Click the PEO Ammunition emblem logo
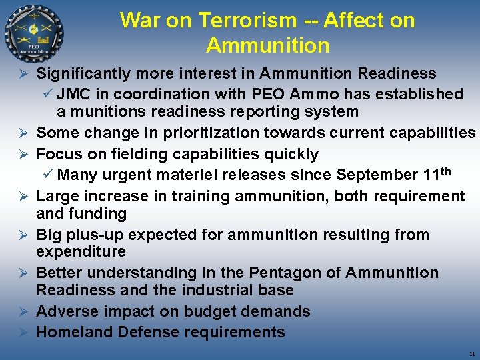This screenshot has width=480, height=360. pos(34,33)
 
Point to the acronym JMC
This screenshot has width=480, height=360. pos(74,94)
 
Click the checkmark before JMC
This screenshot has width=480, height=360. pos(48,94)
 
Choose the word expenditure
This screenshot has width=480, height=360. pos(81,251)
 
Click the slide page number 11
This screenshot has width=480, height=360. pos(471,354)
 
